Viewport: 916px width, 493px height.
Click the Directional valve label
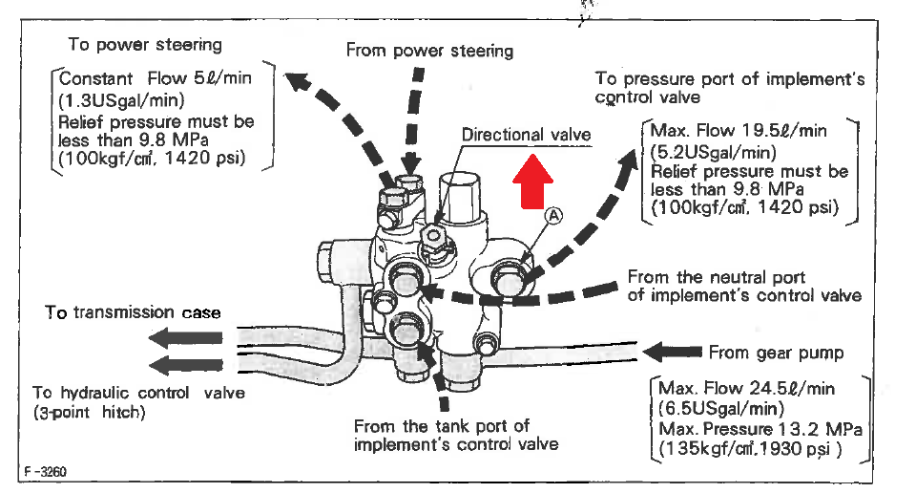tap(526, 135)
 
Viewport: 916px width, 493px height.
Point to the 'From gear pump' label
tap(776, 353)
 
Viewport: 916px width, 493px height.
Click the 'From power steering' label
tap(429, 50)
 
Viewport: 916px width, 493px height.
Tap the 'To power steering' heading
tap(145, 44)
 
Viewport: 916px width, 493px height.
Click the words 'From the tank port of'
tap(441, 426)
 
